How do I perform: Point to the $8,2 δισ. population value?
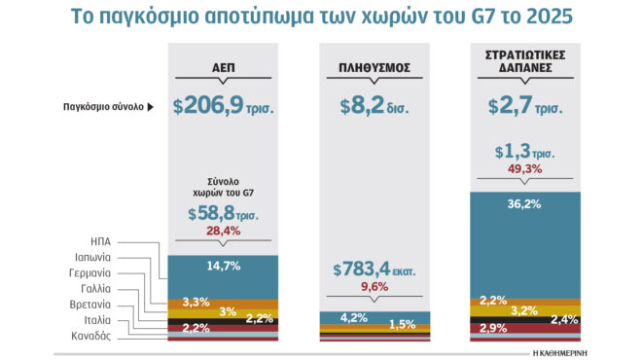click(x=374, y=106)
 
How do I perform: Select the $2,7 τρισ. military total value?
click(x=524, y=106)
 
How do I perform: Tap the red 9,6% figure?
click(x=374, y=287)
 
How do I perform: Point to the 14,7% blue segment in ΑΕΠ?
click(x=223, y=265)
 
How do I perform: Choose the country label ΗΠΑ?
click(x=100, y=242)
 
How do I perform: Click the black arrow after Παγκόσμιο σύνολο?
click(x=151, y=107)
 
